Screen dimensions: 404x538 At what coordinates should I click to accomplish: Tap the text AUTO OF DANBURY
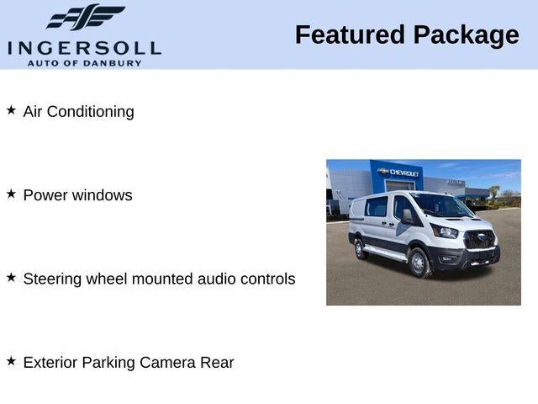(84, 63)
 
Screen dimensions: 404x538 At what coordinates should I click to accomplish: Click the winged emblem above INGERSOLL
(85, 17)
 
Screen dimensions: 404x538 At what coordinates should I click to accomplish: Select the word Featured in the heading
(349, 35)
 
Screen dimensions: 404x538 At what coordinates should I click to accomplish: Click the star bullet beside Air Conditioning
(11, 110)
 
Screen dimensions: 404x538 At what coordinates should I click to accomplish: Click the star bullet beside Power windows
(11, 194)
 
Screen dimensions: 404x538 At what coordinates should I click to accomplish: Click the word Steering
(51, 279)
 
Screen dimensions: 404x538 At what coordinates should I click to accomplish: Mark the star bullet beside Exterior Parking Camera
(11, 361)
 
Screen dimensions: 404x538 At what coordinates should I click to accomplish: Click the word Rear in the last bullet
(217, 363)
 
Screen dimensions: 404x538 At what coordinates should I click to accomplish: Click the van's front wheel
(419, 263)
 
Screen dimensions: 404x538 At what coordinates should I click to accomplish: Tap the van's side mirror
(409, 216)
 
